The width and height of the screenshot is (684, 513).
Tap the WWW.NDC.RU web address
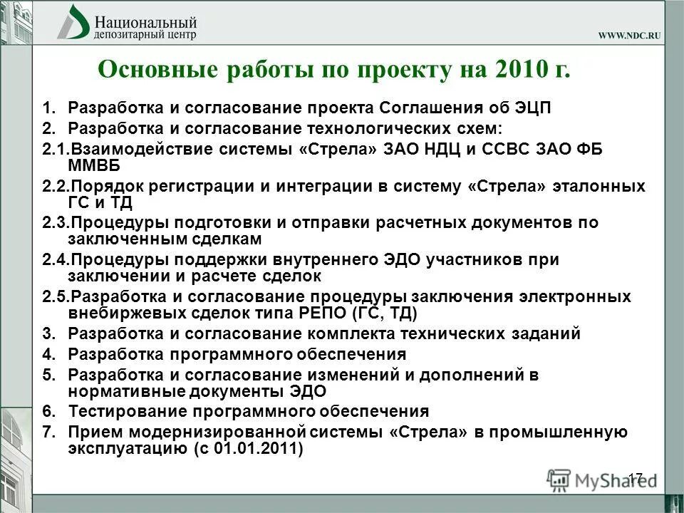(x=629, y=36)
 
